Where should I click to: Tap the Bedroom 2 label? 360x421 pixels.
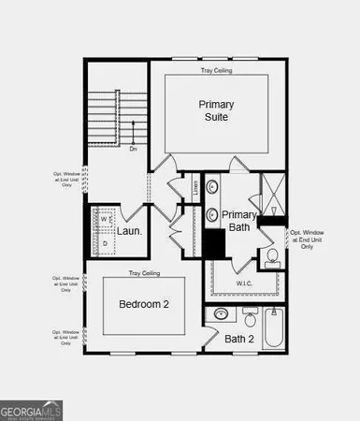[143, 305]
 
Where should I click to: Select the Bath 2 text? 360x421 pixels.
[239, 339]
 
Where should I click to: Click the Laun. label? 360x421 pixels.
[129, 231]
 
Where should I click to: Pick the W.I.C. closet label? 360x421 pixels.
[245, 283]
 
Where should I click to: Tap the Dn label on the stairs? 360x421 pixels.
[133, 148]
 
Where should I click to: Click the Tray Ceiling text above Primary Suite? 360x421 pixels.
[216, 71]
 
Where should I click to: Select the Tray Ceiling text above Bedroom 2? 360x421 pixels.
[144, 273]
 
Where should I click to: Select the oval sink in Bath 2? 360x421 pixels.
[222, 314]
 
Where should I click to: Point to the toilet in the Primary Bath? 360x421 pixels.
[272, 254]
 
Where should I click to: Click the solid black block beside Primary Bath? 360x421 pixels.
[214, 243]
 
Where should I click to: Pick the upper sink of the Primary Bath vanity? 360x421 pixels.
[212, 187]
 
